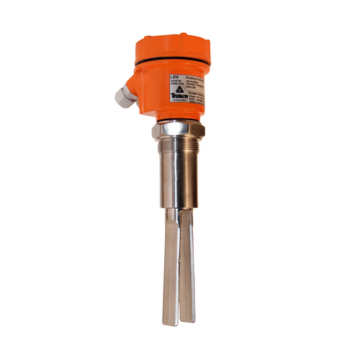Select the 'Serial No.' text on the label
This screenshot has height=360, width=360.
click(175, 81)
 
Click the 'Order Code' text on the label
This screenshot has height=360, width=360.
click(175, 84)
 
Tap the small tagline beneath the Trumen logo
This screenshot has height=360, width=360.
click(179, 100)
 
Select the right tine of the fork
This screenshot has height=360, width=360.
click(187, 266)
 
